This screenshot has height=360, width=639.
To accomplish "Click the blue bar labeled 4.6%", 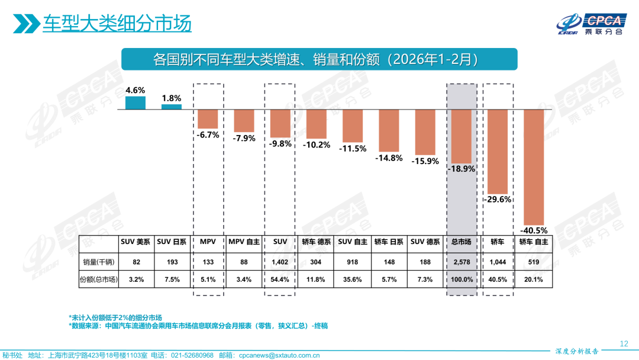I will [x=135, y=103].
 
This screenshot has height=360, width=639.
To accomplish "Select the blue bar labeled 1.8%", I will [x=172, y=107].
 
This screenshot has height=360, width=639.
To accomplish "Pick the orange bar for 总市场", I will [x=461, y=136].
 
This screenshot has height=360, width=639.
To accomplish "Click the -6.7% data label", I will [x=208, y=134].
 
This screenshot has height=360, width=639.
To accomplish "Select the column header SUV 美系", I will [x=135, y=242].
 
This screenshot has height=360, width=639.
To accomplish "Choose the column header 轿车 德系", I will [x=316, y=242].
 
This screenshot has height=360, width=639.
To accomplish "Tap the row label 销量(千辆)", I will [x=98, y=261].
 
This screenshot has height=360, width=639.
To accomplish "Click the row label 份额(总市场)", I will [x=98, y=279].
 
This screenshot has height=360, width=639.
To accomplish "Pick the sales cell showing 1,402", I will [x=280, y=261].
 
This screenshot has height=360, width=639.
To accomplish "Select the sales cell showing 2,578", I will [x=461, y=261].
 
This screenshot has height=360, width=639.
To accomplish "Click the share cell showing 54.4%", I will [x=280, y=279].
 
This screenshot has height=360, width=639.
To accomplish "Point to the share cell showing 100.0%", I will [x=461, y=279].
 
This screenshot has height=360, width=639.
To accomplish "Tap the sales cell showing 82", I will [x=135, y=261].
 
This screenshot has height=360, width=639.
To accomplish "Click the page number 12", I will [x=623, y=343].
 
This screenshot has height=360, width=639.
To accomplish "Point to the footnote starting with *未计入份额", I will [x=115, y=317].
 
